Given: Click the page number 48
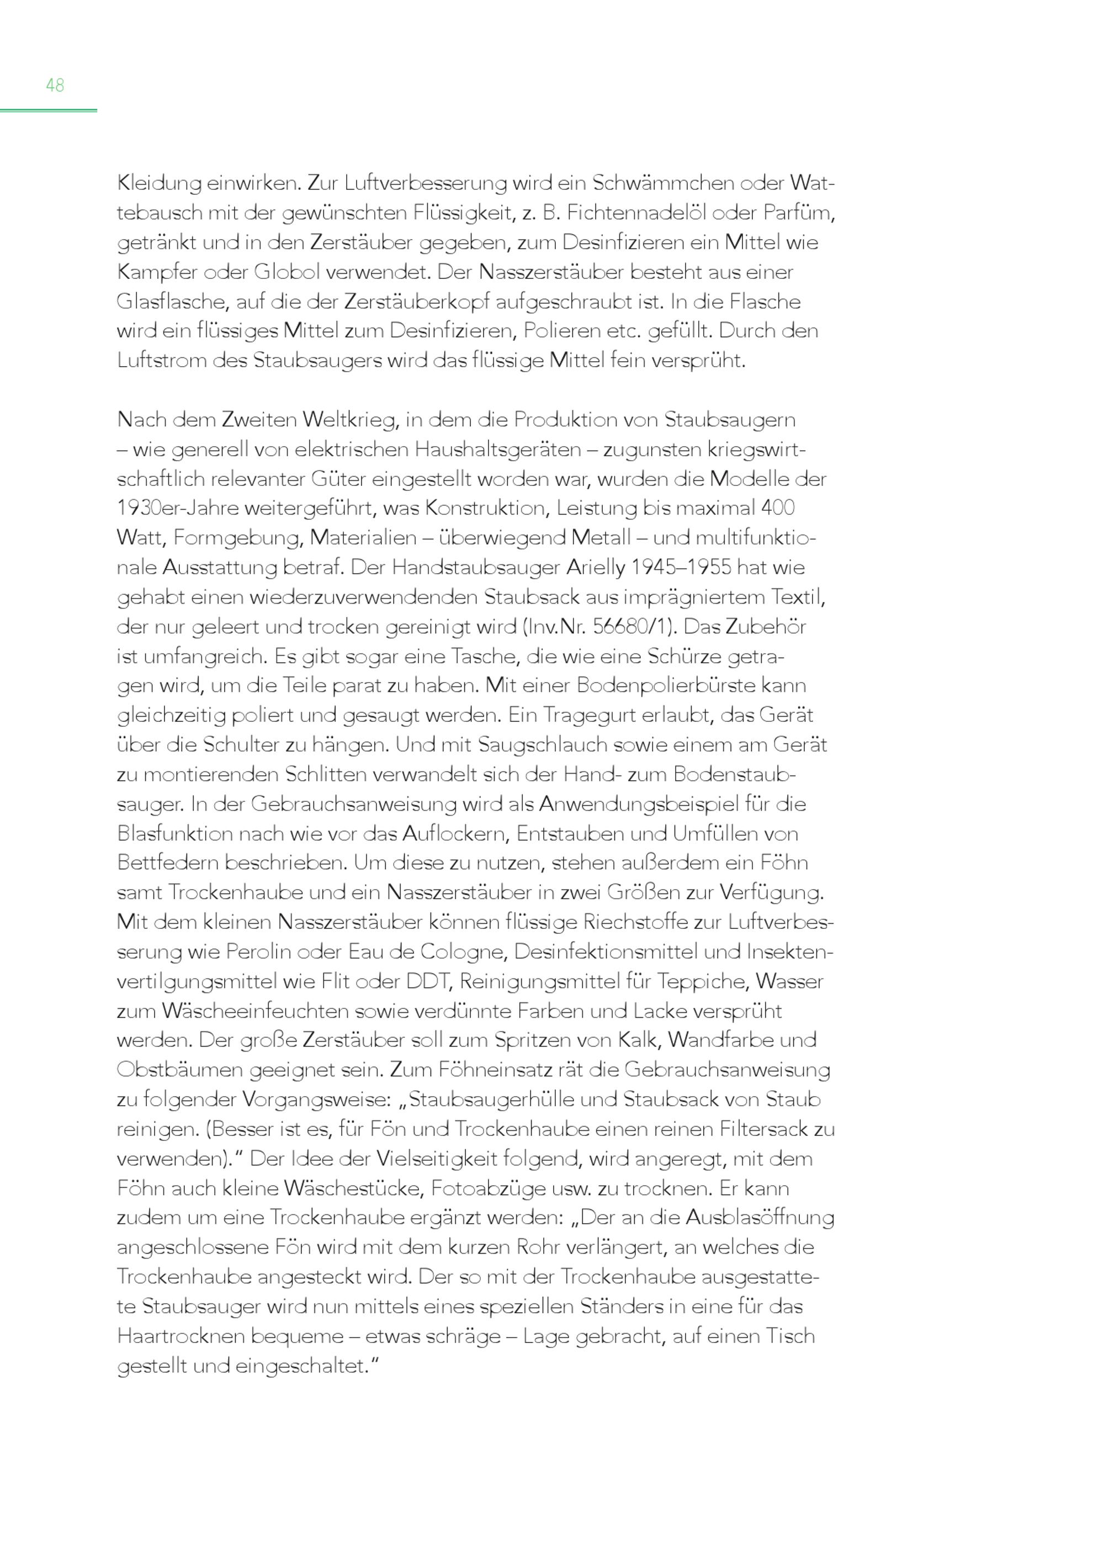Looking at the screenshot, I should [55, 85].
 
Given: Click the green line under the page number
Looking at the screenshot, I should [48, 110].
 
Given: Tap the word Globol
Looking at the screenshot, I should [286, 272].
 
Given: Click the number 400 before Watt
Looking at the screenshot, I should [778, 508].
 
